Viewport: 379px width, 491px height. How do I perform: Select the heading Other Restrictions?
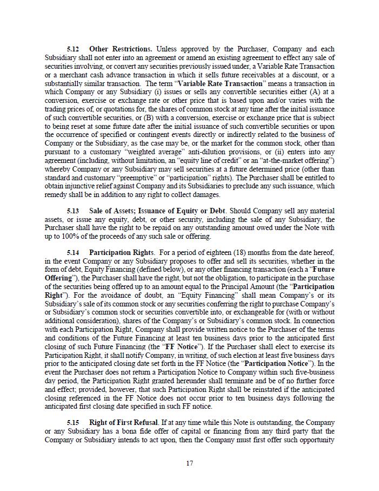pyautogui.click(x=120, y=49)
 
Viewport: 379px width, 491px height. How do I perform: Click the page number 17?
pyautogui.click(x=189, y=463)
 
